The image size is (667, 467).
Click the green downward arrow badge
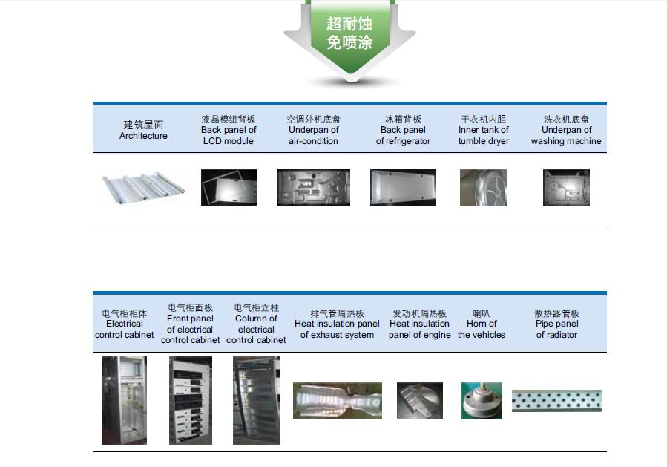pos(349,37)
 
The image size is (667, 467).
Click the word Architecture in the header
pos(143,136)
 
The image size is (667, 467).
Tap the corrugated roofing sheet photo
pos(145,188)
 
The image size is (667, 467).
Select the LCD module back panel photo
pos(229,187)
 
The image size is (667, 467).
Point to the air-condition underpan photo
pos(313,187)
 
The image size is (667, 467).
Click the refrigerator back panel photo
pos(403,187)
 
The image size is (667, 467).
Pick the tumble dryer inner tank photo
pos(483,187)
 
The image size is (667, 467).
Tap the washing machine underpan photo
pos(566,187)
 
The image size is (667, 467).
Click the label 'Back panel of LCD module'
pos(229,130)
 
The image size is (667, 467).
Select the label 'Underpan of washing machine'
pos(566,130)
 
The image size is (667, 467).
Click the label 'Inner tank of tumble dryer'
pos(483,130)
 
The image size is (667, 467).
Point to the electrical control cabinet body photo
pos(124,400)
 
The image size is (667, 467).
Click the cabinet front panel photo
pos(191,400)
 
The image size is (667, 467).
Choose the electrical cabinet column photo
pos(256,400)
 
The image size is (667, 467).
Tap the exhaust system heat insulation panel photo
pos(337,400)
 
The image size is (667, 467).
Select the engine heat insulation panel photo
pos(419,400)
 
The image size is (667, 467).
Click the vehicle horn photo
pos(482,400)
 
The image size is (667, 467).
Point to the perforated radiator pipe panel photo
pos(556,401)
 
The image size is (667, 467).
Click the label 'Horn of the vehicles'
pos(482,324)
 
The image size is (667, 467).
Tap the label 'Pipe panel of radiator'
pos(556,324)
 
